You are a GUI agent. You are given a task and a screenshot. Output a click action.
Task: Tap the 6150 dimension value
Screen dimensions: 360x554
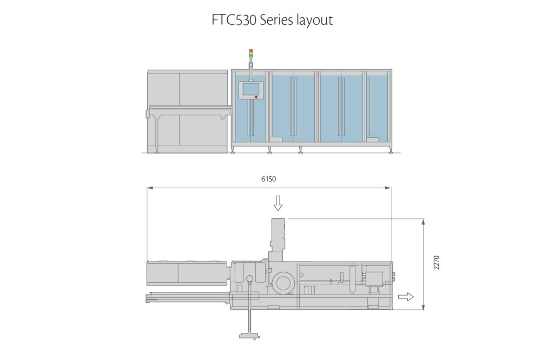coord(269,178)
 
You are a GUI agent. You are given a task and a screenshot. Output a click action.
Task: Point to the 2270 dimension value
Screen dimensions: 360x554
coord(436,263)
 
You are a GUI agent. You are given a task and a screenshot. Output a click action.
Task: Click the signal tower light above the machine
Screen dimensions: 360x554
coord(250,53)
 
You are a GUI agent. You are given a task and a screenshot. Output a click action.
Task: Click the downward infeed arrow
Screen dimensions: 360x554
coord(278,203)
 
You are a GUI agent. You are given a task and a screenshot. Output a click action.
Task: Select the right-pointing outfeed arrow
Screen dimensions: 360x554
coord(406,296)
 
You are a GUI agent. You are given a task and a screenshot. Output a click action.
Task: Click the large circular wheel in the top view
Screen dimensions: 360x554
coord(283,282)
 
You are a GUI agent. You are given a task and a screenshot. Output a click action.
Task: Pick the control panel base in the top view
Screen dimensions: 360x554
coord(249,336)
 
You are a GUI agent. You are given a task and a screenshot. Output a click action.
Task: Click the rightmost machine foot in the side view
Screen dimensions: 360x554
coord(390,151)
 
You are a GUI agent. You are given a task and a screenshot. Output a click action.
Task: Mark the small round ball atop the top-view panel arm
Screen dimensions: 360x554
coord(249,279)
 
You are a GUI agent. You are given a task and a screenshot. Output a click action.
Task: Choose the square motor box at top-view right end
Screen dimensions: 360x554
coord(373,278)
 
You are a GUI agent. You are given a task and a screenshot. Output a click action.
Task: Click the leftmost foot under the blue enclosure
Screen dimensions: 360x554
coord(233,151)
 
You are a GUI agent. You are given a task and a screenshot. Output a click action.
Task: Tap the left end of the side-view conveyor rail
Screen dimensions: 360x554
coord(147,114)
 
